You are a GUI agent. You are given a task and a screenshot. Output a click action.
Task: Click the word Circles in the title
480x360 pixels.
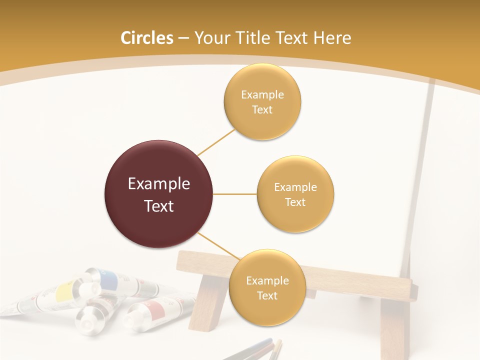coord(147,38)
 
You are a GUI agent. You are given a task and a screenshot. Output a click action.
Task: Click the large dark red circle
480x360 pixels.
coord(158,194)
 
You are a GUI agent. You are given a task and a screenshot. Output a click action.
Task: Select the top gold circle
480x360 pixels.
coord(262,102)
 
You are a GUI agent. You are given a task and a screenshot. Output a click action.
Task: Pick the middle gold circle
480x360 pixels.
coord(295,194)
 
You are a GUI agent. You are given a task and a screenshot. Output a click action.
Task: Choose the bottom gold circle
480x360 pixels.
coord(267,288)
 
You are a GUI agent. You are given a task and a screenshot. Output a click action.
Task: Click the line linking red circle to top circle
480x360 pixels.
coord(216,142)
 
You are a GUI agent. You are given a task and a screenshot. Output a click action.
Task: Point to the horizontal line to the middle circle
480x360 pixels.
coord(235,194)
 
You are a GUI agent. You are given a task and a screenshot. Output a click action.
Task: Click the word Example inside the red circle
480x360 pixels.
coord(158,184)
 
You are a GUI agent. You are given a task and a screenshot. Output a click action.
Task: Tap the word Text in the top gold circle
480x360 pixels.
coord(262,110)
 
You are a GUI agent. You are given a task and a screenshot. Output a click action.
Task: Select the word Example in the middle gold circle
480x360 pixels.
coord(295,187)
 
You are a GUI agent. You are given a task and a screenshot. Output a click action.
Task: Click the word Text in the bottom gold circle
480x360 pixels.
coord(267,295)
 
